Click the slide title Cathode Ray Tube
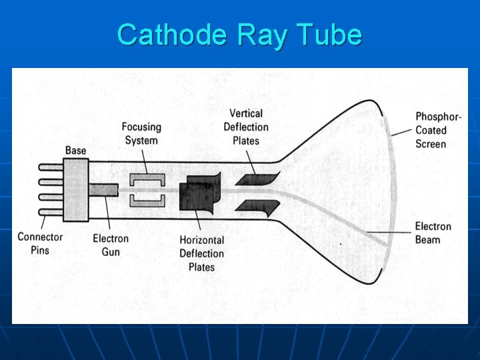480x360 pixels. point(239,34)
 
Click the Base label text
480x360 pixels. point(75,151)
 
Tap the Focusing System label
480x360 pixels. point(141,133)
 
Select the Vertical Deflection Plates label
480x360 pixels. point(246,127)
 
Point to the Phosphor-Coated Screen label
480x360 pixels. point(438,130)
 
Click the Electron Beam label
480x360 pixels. point(433,233)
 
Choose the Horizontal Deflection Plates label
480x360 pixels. point(201,253)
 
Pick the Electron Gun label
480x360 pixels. point(111,245)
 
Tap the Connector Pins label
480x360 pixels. point(40,243)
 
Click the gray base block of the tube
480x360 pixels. point(76,189)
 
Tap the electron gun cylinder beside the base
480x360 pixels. point(103,189)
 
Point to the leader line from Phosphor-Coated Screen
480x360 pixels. point(401,131)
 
